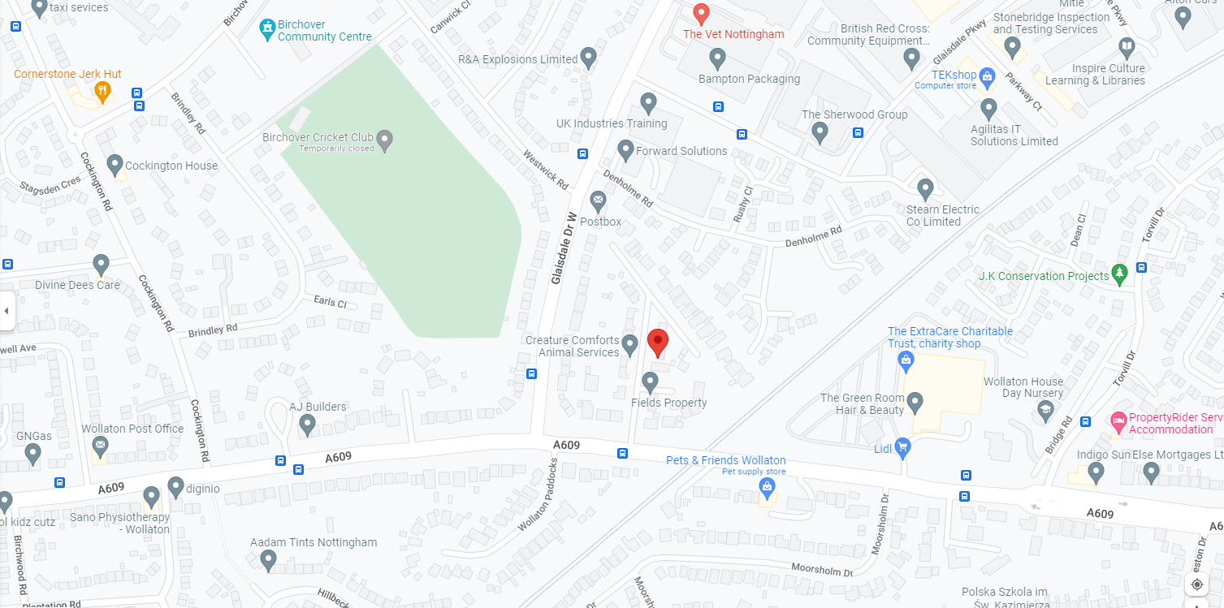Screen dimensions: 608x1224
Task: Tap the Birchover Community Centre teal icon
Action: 266,30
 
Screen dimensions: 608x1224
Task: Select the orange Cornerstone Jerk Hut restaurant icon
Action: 102,91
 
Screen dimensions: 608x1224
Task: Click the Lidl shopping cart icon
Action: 902,447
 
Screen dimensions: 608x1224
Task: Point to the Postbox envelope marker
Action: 599,200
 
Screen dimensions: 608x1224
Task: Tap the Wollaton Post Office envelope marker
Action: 100,445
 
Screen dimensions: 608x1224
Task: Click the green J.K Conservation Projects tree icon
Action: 1120,274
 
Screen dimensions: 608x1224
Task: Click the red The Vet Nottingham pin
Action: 702,14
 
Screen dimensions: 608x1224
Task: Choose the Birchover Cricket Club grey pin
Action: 385,140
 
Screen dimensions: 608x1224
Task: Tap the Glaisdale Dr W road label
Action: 563,248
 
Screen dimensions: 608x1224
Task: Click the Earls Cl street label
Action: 330,302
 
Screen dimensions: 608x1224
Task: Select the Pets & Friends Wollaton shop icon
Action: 765,487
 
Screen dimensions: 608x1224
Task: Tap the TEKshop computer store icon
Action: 988,77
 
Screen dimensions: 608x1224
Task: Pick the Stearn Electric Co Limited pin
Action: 925,188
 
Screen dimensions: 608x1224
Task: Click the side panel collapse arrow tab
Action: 6,311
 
